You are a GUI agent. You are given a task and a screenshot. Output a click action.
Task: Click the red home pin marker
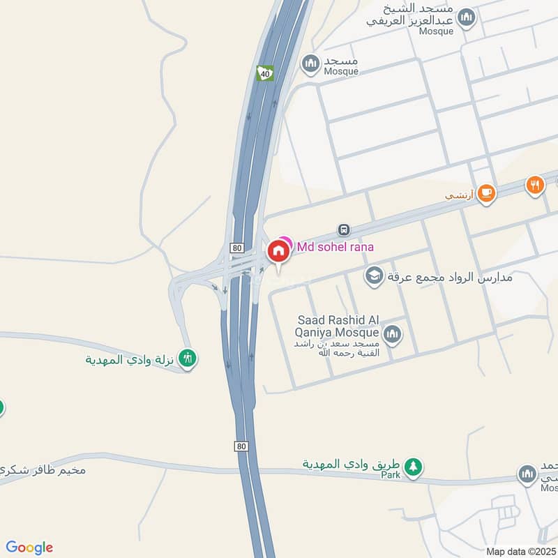(x=278, y=252)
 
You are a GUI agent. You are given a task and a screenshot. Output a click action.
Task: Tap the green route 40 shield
(x=264, y=73)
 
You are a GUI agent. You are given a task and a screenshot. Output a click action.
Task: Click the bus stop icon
(x=343, y=229)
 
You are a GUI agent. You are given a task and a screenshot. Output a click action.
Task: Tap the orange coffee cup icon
(x=486, y=193)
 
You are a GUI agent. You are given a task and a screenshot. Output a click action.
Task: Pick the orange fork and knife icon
(x=535, y=185)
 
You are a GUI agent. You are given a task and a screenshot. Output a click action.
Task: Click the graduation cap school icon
(x=375, y=276)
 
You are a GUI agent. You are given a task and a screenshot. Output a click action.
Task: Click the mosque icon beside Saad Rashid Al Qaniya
(x=393, y=335)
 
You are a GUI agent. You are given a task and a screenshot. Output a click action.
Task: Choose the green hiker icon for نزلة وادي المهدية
(x=187, y=359)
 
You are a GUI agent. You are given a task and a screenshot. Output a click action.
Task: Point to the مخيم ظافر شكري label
(x=42, y=469)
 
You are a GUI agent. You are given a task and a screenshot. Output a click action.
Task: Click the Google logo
(x=29, y=548)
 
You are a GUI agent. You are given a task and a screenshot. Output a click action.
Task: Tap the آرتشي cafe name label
(x=460, y=195)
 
